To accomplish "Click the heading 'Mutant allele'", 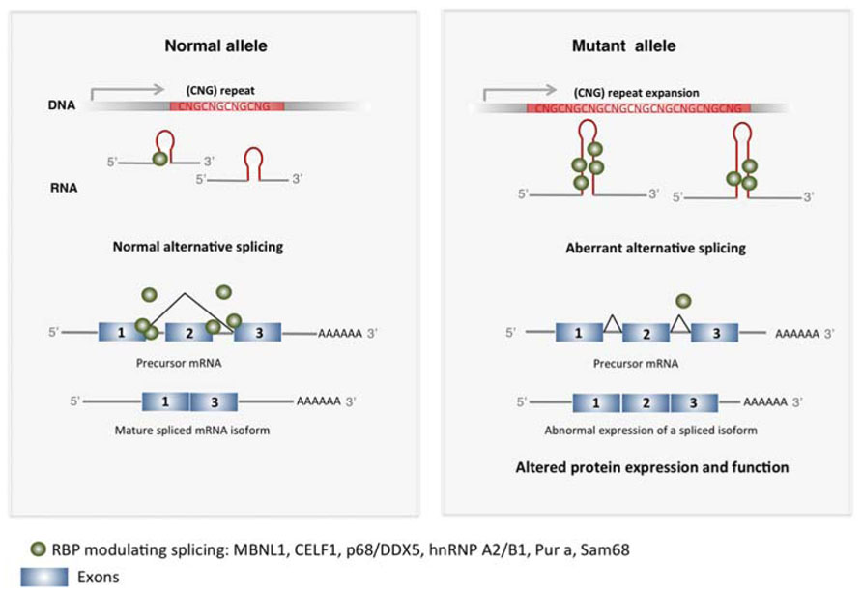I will [x=622, y=45].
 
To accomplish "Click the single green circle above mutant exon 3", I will [x=684, y=301].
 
